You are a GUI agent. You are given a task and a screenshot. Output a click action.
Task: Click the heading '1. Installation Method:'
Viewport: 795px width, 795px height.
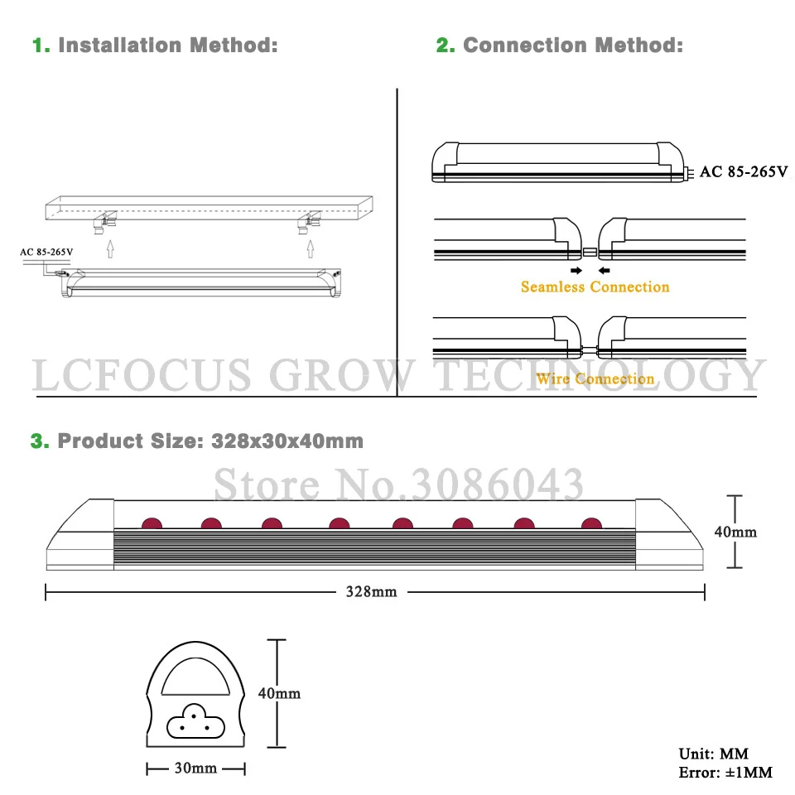[155, 45]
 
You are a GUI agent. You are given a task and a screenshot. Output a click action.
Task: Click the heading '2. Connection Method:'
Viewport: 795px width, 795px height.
[560, 45]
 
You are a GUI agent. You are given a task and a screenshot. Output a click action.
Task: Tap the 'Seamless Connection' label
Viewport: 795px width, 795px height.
[595, 287]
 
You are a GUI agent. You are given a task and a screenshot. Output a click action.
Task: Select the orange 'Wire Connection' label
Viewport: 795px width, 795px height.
[595, 378]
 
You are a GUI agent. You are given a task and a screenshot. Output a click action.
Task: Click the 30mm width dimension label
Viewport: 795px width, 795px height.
[196, 768]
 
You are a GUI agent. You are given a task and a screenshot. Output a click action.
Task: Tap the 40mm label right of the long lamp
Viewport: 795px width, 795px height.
[735, 532]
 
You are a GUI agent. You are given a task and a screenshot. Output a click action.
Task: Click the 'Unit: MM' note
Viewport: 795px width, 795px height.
[713, 754]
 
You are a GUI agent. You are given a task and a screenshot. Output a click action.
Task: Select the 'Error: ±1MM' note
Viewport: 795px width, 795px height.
[725, 773]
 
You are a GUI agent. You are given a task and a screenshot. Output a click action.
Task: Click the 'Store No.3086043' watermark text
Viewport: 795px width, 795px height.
[398, 484]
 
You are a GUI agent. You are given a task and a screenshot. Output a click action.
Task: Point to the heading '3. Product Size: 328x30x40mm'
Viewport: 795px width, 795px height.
[197, 441]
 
